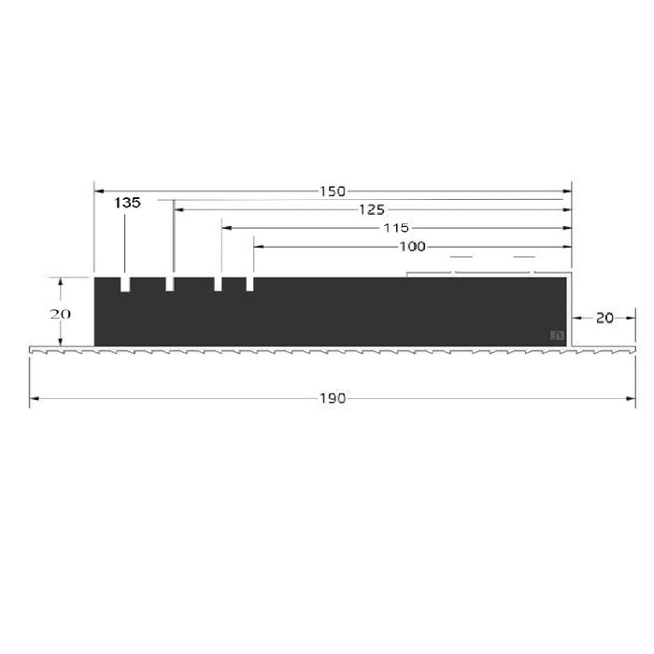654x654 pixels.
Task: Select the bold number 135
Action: (x=127, y=203)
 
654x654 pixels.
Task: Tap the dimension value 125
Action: (x=371, y=210)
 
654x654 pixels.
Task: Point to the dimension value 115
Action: (x=397, y=228)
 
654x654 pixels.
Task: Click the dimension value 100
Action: (x=412, y=247)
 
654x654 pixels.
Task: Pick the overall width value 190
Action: (x=334, y=398)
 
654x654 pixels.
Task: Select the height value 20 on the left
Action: (x=60, y=314)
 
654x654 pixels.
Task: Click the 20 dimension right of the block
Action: (x=604, y=318)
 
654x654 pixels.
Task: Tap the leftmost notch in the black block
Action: (x=125, y=283)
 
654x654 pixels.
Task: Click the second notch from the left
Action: (x=170, y=283)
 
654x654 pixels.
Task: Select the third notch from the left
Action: (x=218, y=283)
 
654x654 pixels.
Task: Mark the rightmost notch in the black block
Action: (x=250, y=283)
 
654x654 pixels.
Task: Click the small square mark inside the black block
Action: (x=559, y=334)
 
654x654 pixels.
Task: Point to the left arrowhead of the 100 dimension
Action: (x=258, y=247)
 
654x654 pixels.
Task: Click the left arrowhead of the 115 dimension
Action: (x=225, y=228)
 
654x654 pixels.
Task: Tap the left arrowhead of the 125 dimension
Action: (x=178, y=210)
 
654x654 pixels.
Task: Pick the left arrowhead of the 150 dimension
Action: (x=98, y=192)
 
